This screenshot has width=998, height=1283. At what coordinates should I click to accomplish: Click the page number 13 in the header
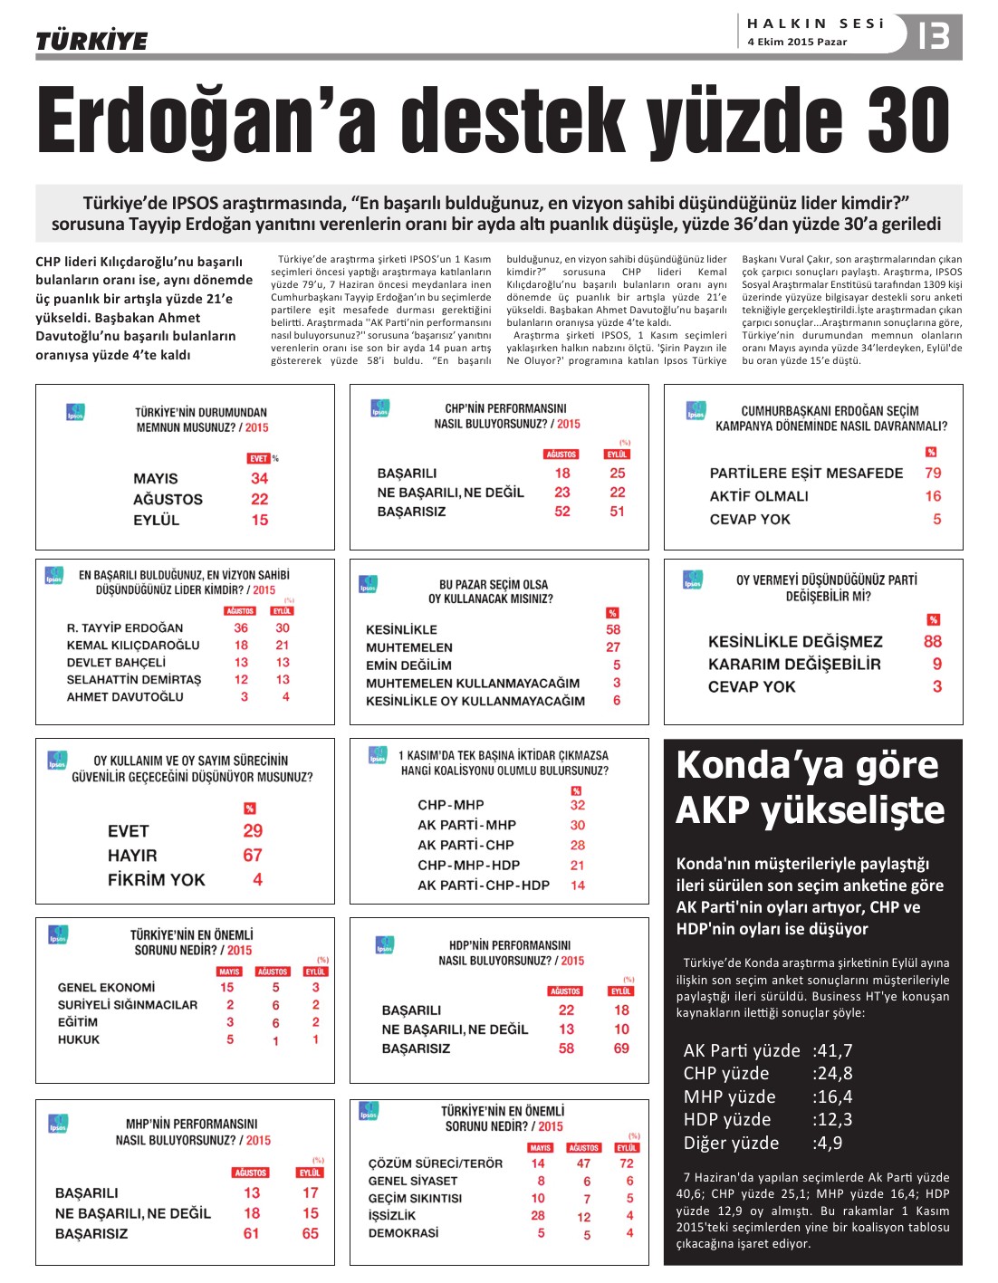pos(933,36)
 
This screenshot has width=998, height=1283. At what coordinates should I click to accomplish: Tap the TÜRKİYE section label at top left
pos(91,41)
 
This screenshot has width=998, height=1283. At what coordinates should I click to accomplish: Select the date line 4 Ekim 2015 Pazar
pos(797,42)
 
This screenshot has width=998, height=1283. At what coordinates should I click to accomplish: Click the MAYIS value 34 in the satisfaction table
pos(260,478)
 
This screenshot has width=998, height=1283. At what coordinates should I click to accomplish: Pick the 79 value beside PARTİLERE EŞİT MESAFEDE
pos(933,473)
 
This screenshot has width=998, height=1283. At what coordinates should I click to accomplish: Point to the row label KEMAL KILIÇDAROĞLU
pos(133,646)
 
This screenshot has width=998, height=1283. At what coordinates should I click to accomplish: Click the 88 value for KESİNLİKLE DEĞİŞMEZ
pos(933,641)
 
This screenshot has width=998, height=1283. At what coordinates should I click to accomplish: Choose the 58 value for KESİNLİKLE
pos(613,629)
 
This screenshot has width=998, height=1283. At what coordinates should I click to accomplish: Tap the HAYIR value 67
pos(253,855)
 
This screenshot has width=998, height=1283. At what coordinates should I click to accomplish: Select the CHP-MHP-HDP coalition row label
pos(469,865)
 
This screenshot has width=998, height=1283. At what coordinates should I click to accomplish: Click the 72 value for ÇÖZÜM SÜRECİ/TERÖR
pos(627,1163)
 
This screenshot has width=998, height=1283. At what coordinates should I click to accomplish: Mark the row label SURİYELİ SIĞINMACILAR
pos(128,1005)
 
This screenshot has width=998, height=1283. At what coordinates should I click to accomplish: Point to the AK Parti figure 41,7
pos(833,1050)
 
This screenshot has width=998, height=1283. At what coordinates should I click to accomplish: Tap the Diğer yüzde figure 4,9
pos(829,1143)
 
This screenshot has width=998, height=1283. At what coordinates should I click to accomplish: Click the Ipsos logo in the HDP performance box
pos(384,945)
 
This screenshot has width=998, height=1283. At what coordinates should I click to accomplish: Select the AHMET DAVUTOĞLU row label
pos(125,697)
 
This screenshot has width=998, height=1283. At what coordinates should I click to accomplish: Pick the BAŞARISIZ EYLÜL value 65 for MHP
pos(311,1233)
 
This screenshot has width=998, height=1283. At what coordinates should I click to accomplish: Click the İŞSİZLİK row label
pos(392,1215)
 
